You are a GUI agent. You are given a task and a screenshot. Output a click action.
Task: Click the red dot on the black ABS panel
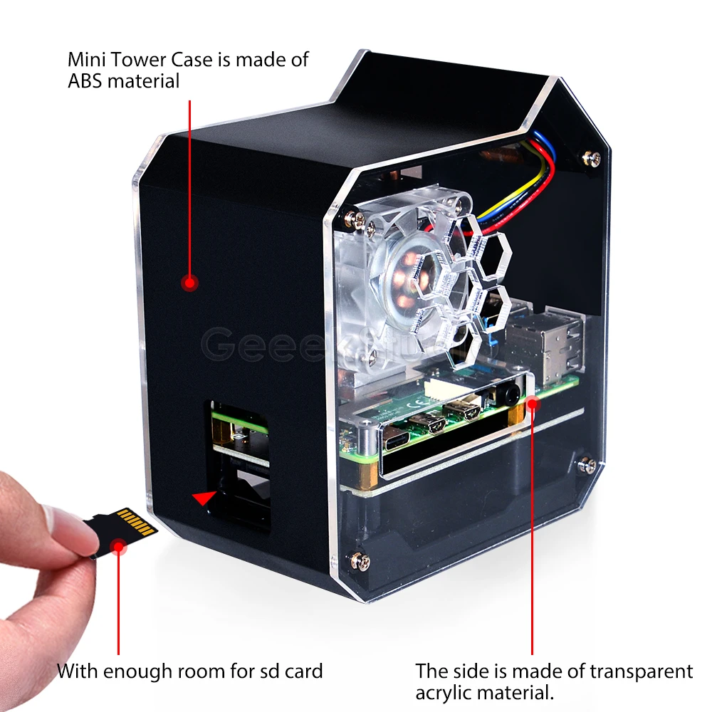pos(189,283)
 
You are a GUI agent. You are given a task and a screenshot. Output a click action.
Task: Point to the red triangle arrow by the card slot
pos(205,498)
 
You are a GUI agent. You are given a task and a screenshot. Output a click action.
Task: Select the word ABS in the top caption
pos(85,80)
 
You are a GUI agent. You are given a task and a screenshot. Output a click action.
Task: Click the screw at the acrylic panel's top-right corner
pos(591,158)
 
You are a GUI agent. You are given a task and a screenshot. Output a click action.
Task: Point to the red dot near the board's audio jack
pos(533,404)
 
